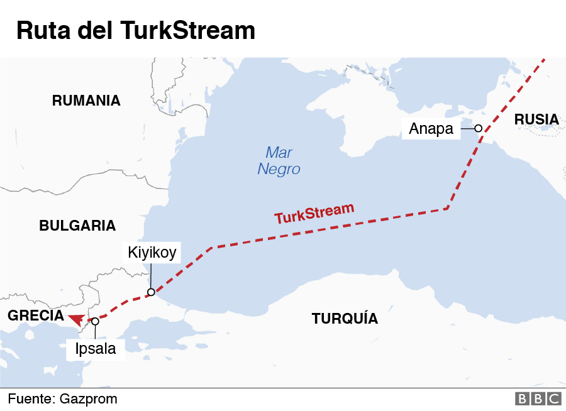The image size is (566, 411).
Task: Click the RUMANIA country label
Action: [x=86, y=101]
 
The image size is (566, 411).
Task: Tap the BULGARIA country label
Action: [x=77, y=226]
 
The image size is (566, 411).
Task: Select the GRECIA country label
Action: [x=36, y=315]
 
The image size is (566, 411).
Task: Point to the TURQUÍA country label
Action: [x=345, y=319]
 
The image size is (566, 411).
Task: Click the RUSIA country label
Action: [x=536, y=119]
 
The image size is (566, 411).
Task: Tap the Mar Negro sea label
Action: [x=279, y=161]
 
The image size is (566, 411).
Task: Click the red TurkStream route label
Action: [x=314, y=214]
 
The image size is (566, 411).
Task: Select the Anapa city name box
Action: [x=431, y=129]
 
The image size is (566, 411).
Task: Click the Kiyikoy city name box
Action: [x=152, y=253]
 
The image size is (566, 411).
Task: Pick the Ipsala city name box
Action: [x=96, y=349]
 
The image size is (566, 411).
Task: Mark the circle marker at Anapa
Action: [x=478, y=128]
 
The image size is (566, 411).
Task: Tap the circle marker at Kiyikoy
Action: [x=151, y=292]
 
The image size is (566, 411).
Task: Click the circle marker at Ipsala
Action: [x=95, y=321]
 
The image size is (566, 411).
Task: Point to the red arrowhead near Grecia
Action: [x=77, y=319]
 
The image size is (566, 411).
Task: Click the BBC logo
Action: [x=538, y=398]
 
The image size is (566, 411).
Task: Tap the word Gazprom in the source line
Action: [x=89, y=398]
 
